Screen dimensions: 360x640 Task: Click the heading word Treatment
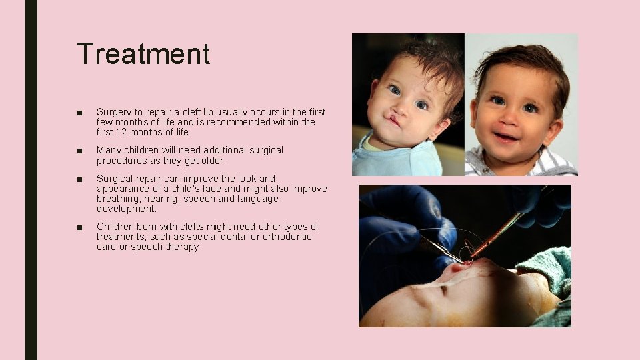pyautogui.click(x=143, y=54)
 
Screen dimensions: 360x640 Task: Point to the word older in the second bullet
pyautogui.click(x=212, y=161)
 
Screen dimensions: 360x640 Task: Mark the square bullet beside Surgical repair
pyautogui.click(x=80, y=179)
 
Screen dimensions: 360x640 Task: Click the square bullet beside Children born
pyautogui.click(x=80, y=227)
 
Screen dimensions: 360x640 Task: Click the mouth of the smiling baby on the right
pyautogui.click(x=505, y=137)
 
